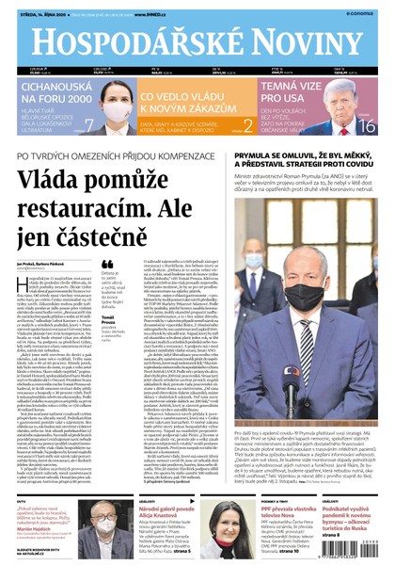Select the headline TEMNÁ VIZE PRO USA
point(302,90)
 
